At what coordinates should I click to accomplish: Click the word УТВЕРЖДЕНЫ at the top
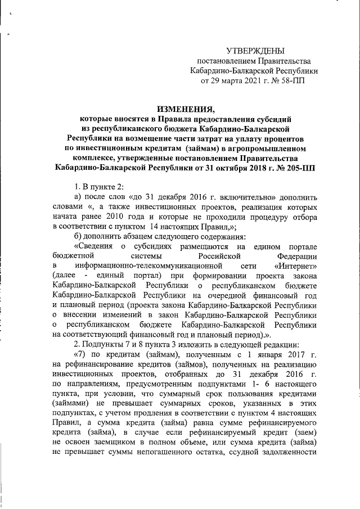click(x=255, y=51)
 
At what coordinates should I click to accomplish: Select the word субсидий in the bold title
click(x=276, y=119)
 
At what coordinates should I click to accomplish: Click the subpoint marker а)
click(x=78, y=196)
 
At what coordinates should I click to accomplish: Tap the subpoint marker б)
click(x=78, y=236)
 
